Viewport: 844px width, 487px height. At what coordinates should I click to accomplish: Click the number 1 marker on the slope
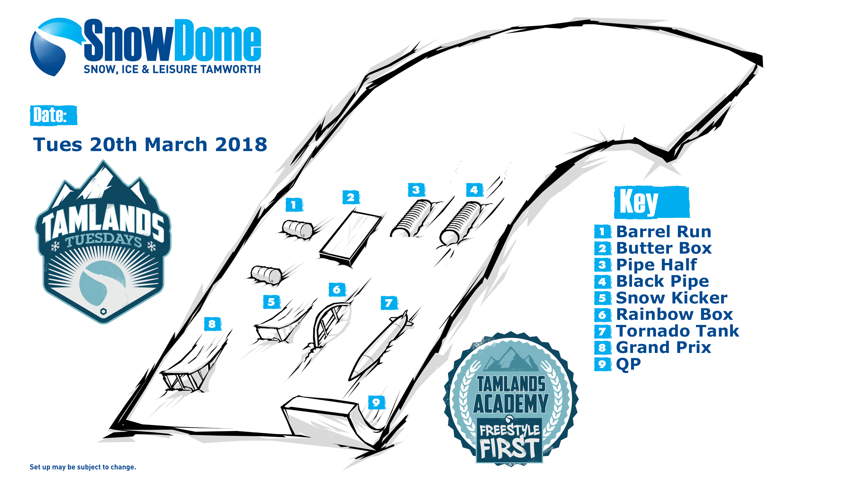294,205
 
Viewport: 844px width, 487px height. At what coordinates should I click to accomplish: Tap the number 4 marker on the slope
474,190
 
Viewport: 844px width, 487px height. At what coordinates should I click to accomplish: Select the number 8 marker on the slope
213,324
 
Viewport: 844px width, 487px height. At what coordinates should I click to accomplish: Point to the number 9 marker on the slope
377,402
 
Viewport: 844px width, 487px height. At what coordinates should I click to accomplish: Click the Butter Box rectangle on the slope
350,238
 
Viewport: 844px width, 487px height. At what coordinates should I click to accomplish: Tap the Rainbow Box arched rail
329,324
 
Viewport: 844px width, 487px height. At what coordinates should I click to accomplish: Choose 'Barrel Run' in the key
664,231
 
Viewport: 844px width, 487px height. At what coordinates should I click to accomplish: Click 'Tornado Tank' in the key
678,331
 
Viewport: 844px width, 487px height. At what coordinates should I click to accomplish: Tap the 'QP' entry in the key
629,364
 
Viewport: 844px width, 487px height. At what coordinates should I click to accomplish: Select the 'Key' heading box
652,202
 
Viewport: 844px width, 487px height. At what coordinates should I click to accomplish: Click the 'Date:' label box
53,115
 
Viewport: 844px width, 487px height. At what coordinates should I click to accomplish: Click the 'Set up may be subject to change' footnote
83,467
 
